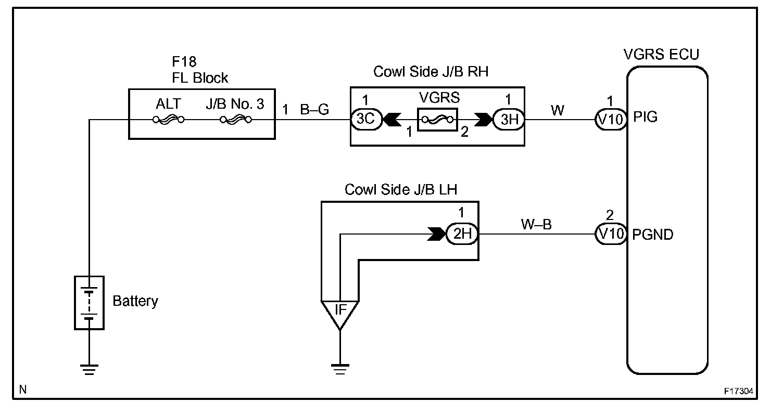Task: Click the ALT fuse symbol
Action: coord(169,120)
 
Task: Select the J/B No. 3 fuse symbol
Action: coord(236,120)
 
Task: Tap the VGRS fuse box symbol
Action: coord(437,120)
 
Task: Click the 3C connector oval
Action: coord(366,120)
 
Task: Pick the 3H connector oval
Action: coord(509,120)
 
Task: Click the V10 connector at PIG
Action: coord(611,120)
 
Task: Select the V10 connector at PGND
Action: coord(611,234)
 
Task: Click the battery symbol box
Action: coord(89,303)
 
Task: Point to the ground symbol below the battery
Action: coord(89,370)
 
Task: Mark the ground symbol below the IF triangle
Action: coord(340,370)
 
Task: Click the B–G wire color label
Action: coord(314,110)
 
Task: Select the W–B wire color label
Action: coord(536,224)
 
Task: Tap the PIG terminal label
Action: coord(645,117)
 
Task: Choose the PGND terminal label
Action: coord(653,235)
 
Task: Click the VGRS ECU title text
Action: coord(661,55)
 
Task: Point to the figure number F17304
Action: coord(739,391)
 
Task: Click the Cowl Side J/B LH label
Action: coord(401,189)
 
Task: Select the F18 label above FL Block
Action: coord(184,62)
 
